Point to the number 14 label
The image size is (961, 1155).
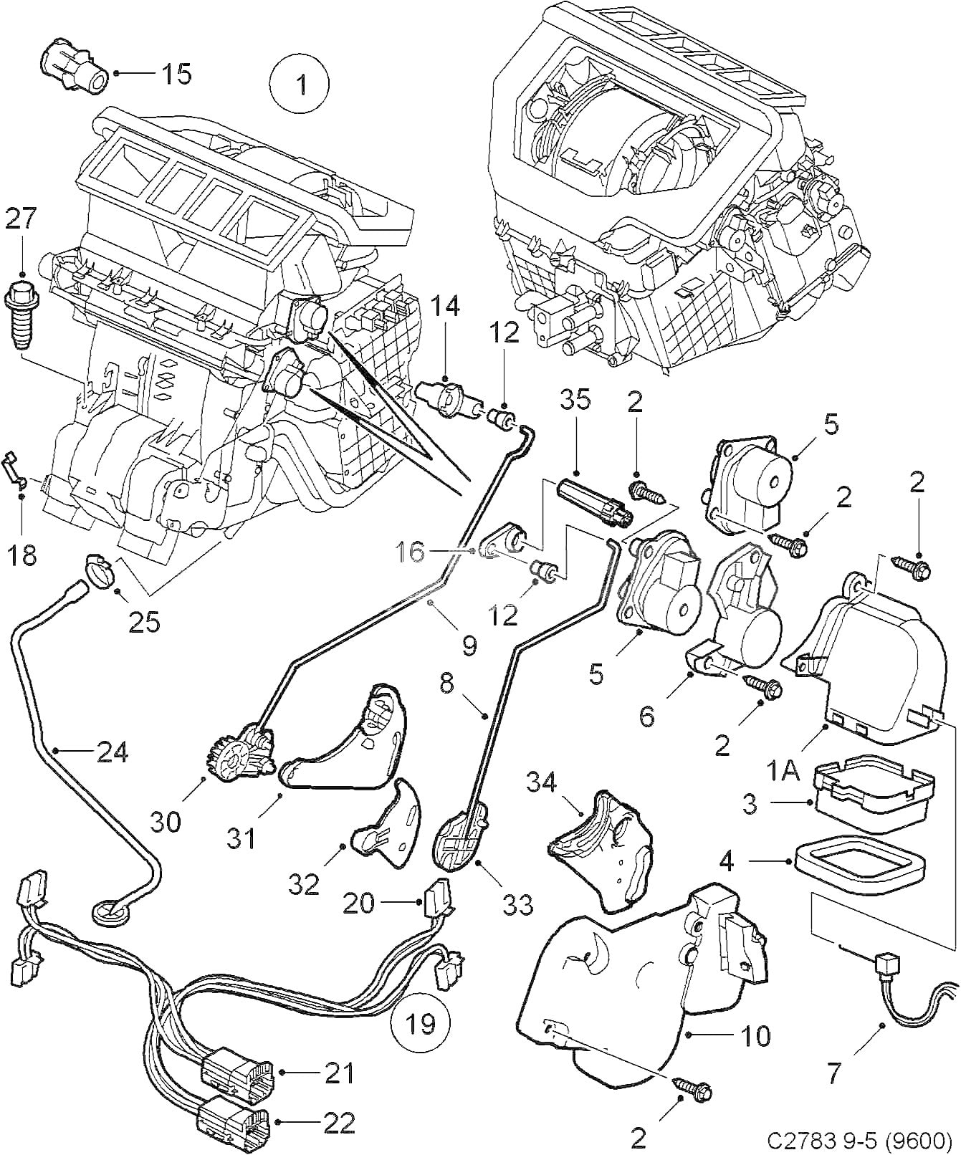pos(445,307)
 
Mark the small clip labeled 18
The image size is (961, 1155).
pos(14,467)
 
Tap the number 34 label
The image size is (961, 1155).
pos(541,783)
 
